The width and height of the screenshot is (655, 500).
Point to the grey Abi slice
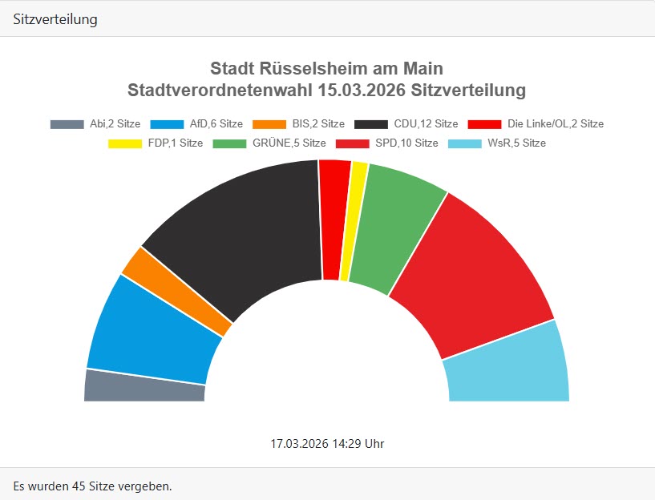[144, 386]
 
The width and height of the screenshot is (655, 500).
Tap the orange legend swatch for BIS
[269, 124]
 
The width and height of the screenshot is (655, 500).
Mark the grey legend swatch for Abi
[67, 124]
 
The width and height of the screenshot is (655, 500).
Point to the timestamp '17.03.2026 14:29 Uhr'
[327, 443]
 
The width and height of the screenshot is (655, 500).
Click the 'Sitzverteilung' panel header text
[55, 19]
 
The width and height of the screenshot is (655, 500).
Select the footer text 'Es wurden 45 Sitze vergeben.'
[93, 486]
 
